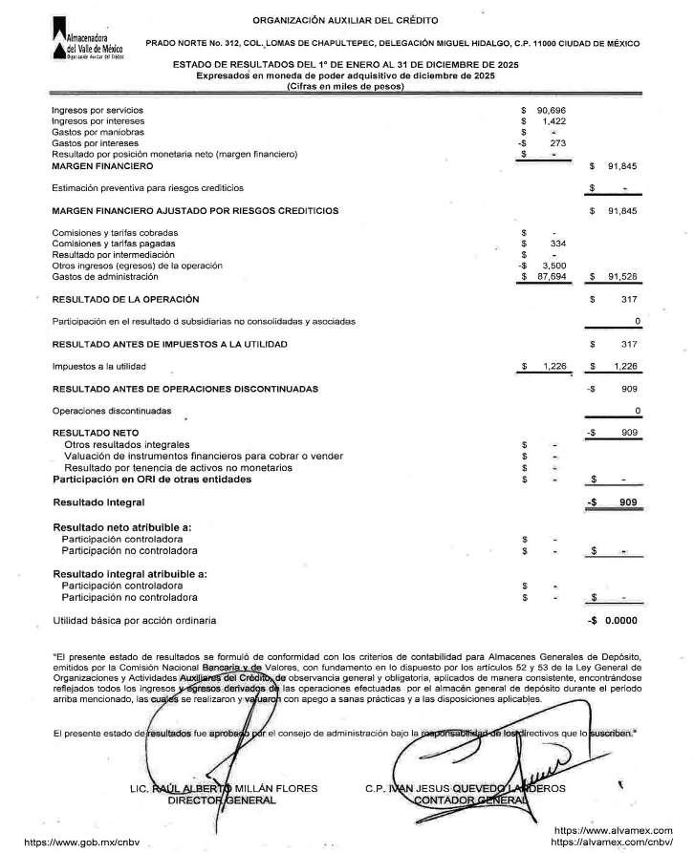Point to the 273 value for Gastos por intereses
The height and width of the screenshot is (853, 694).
point(559,142)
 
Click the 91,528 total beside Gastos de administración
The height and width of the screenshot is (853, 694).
point(621,276)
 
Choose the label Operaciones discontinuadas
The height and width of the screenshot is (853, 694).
point(112,411)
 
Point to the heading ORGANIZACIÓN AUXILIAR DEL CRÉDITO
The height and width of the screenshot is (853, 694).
point(347,20)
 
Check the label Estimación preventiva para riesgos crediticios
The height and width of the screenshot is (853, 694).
point(148,187)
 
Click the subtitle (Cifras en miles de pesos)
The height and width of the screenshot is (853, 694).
point(345,87)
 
